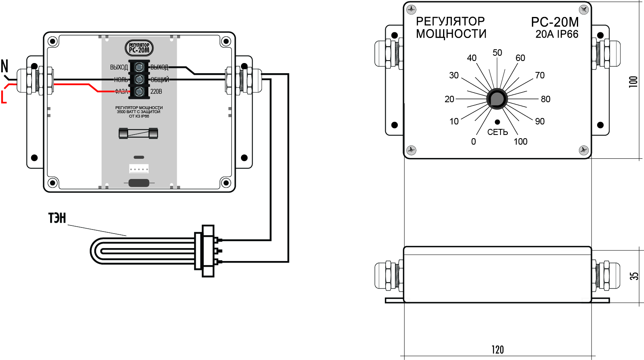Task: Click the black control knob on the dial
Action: tap(497, 99)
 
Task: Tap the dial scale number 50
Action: tap(497, 53)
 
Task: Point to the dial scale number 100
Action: tap(521, 142)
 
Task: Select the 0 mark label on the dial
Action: tap(473, 142)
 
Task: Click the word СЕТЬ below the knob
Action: tap(497, 132)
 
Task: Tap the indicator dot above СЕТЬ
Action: tap(497, 122)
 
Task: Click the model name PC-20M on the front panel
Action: tap(555, 22)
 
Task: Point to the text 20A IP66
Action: tap(557, 34)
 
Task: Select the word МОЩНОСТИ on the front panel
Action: tap(451, 34)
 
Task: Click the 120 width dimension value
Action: tap(498, 349)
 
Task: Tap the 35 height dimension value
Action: tap(634, 276)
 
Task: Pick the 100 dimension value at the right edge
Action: tap(633, 81)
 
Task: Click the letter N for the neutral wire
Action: tap(5, 66)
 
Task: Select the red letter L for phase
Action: tap(4, 97)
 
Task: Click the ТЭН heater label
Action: tap(57, 218)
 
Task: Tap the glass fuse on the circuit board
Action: tap(138, 133)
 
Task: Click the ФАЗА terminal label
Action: tap(121, 92)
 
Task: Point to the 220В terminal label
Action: tap(156, 92)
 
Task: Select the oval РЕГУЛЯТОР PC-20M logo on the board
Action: tap(139, 48)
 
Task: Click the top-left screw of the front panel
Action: tap(411, 9)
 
